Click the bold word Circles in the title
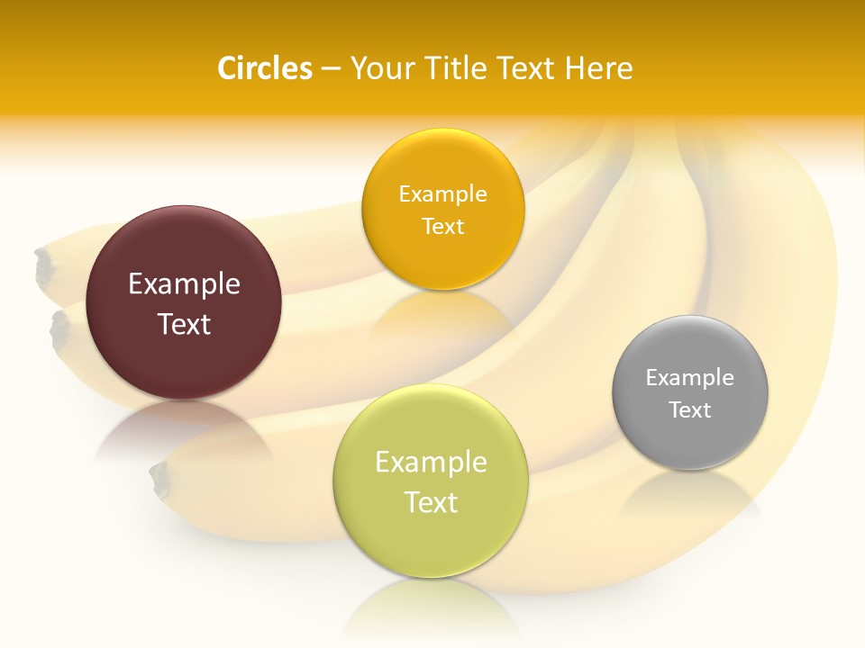[264, 68]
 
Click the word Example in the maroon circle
[184, 284]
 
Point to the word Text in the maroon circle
[184, 324]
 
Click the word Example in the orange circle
[442, 193]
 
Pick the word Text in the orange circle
[442, 226]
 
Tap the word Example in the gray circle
[689, 377]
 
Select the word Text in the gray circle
[689, 409]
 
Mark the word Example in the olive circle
[431, 463]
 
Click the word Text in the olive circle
[431, 502]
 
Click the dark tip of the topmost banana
[43, 267]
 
